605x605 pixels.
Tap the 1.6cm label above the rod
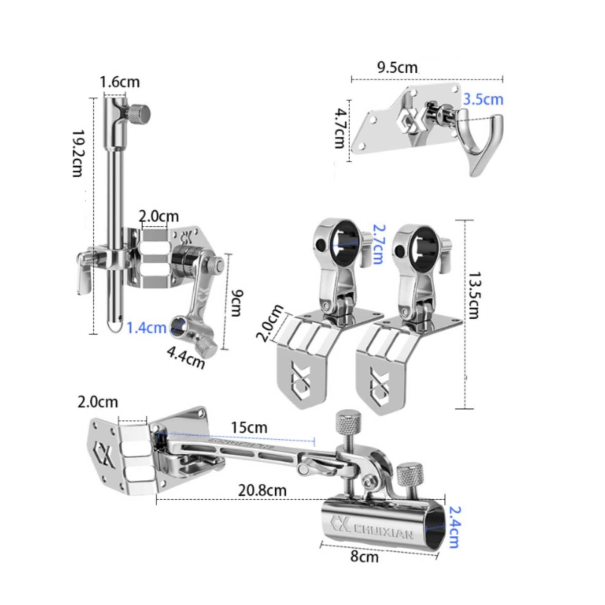(x=119, y=82)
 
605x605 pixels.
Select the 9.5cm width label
(x=397, y=68)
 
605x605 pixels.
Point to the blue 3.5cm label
(x=483, y=99)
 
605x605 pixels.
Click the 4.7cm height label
(x=342, y=129)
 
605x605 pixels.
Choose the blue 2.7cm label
(x=377, y=244)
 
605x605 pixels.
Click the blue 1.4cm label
(x=146, y=327)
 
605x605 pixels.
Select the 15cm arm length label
(x=249, y=428)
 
